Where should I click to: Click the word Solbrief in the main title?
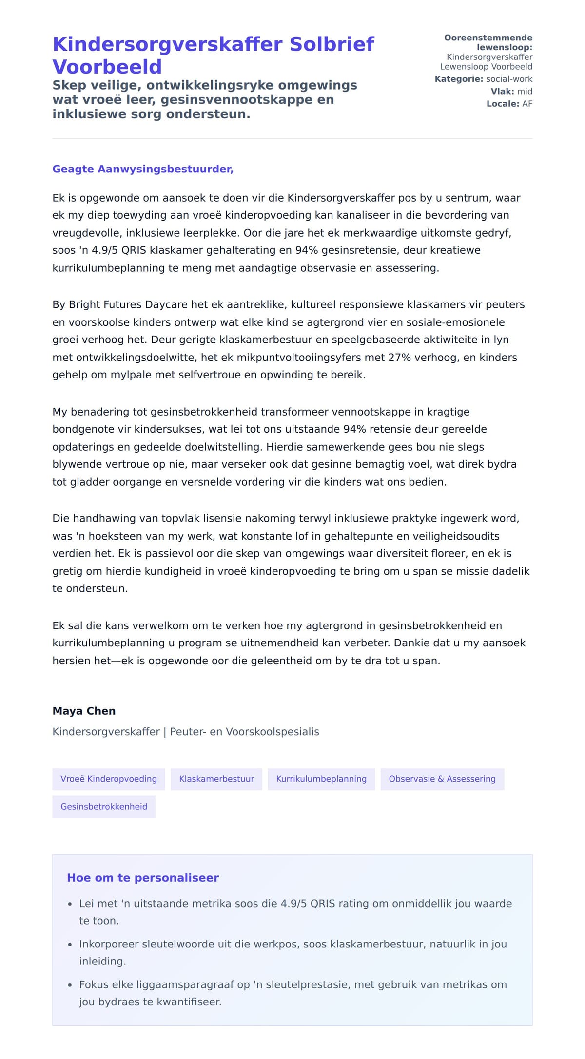(x=331, y=44)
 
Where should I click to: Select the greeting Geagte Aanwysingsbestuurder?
(x=143, y=169)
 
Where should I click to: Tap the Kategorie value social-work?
(x=509, y=79)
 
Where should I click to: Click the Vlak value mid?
(x=525, y=91)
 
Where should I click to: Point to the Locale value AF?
(x=527, y=104)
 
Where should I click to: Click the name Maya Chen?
(x=84, y=711)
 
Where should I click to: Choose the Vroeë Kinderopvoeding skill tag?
(x=109, y=779)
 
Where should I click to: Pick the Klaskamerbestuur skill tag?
(x=216, y=779)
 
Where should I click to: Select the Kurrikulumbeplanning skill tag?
(x=321, y=779)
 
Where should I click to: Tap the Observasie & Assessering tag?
(x=442, y=779)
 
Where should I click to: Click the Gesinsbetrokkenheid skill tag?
(x=104, y=807)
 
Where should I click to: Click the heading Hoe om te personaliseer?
(x=143, y=878)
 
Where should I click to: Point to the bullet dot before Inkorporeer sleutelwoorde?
(x=70, y=945)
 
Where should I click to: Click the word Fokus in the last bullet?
(x=94, y=985)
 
